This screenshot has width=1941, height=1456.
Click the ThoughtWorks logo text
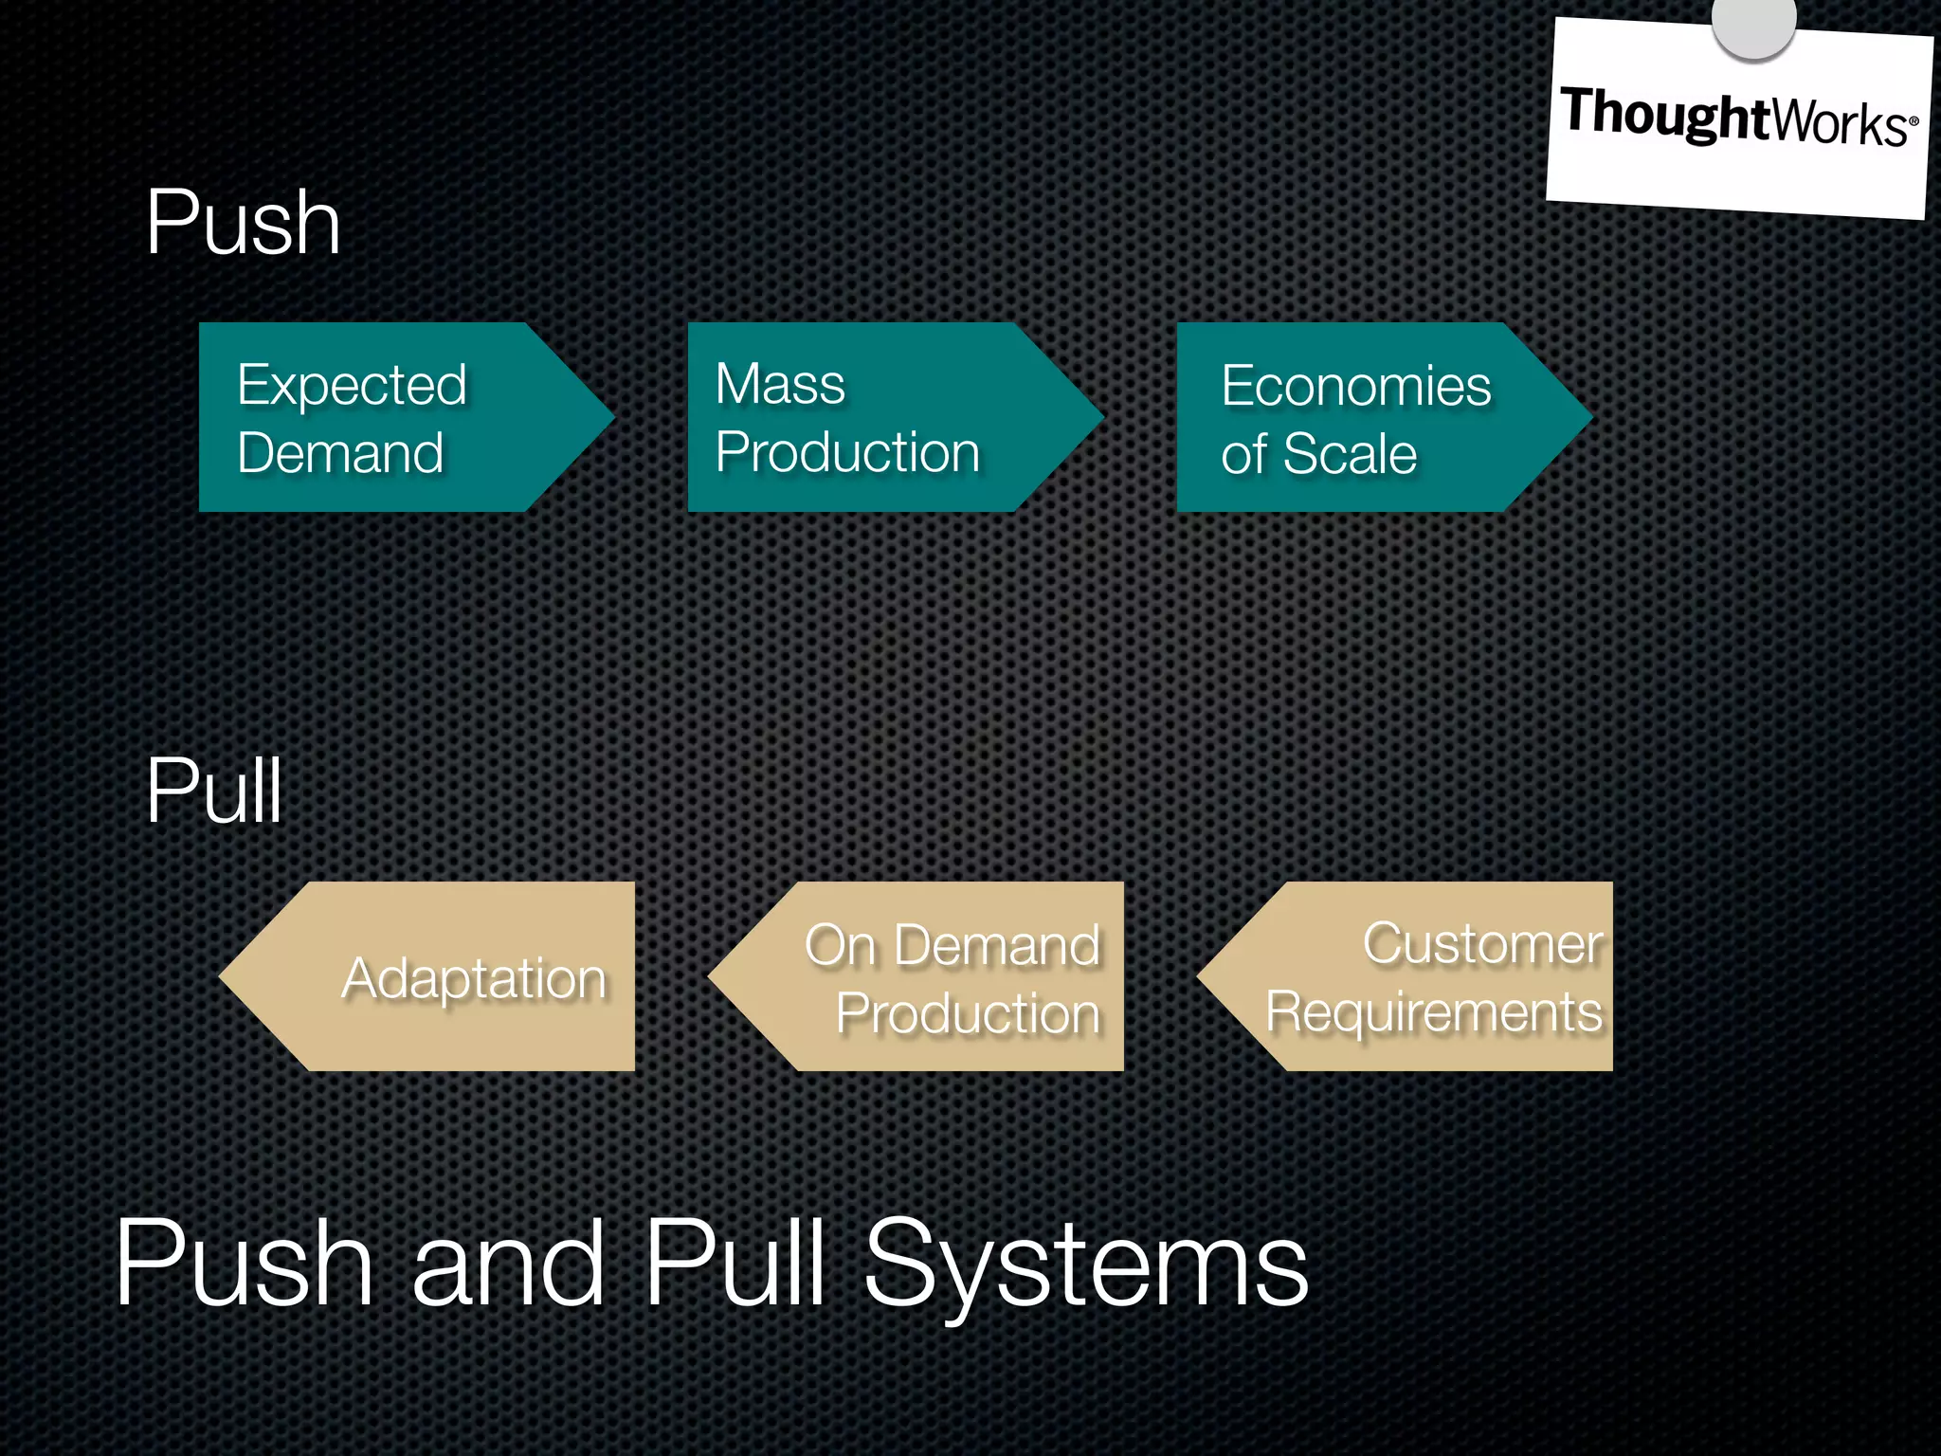[x=1738, y=118]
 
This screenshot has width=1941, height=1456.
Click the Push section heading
[x=243, y=224]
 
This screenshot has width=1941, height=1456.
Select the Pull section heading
[x=214, y=792]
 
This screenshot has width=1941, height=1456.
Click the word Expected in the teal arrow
[x=352, y=386]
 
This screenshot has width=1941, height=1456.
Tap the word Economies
[x=1356, y=386]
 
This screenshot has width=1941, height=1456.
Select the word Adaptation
[x=474, y=977]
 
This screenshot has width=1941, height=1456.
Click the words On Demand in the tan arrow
[x=952, y=945]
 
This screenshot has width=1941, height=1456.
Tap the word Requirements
[x=1434, y=1011]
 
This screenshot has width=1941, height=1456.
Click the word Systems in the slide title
[x=1086, y=1264]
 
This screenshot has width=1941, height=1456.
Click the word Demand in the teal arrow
[x=340, y=452]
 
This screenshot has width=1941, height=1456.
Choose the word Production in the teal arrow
[x=847, y=452]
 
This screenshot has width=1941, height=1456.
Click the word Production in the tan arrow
[x=968, y=1012]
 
